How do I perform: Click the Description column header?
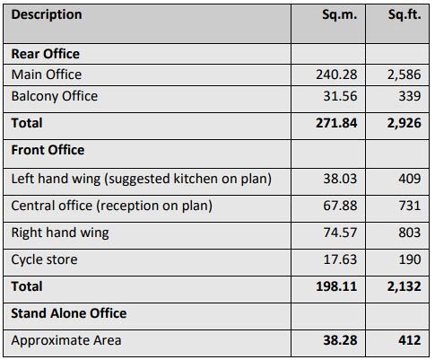pyautogui.click(x=47, y=14)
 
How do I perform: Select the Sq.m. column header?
pyautogui.click(x=340, y=14)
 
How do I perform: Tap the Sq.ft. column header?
pyautogui.click(x=405, y=14)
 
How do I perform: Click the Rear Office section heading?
pyautogui.click(x=46, y=54)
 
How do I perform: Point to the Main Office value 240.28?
pyautogui.click(x=336, y=75)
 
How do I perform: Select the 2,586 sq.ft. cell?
pyautogui.click(x=405, y=75)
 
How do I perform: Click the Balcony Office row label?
pyautogui.click(x=55, y=96)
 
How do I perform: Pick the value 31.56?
pyautogui.click(x=340, y=96)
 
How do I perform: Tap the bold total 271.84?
pyautogui.click(x=336, y=123)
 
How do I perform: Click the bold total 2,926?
pyautogui.click(x=405, y=123)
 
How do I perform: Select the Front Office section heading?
pyautogui.click(x=48, y=150)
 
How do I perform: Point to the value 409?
pyautogui.click(x=410, y=179)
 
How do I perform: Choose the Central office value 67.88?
pyautogui.click(x=340, y=206)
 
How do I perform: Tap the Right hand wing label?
pyautogui.click(x=60, y=233)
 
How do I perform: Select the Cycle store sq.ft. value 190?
pyautogui.click(x=410, y=259)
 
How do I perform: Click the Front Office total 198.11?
pyautogui.click(x=336, y=286)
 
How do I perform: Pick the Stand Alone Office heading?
pyautogui.click(x=69, y=313)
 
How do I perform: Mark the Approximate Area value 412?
pyautogui.click(x=410, y=340)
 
